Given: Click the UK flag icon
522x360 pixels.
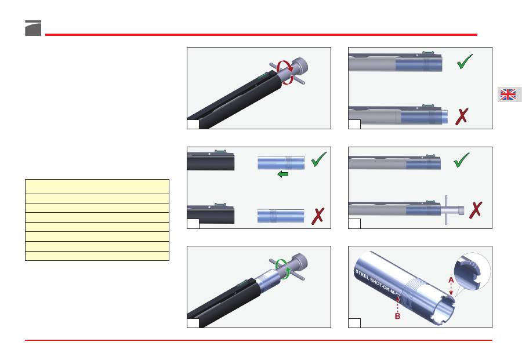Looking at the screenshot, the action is click(x=508, y=94).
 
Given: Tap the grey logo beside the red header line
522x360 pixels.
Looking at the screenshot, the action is click(x=33, y=28).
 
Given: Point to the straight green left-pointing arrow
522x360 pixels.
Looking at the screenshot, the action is click(x=282, y=174).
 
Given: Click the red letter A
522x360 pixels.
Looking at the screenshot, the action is click(x=451, y=280).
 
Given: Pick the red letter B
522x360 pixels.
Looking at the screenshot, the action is click(x=397, y=316).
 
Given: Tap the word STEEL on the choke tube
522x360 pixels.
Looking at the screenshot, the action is click(x=362, y=275).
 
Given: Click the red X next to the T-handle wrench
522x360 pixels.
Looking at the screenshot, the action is click(x=476, y=210).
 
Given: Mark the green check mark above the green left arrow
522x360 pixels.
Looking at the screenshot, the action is click(x=318, y=159).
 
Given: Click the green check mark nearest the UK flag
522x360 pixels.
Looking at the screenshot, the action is click(x=465, y=61).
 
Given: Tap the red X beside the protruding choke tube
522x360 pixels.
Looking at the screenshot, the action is click(x=462, y=117).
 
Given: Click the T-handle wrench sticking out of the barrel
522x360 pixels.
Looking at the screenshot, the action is click(x=451, y=210).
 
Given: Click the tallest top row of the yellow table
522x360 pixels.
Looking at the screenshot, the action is click(x=97, y=186).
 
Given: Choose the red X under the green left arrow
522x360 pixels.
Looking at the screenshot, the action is click(x=318, y=216).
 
